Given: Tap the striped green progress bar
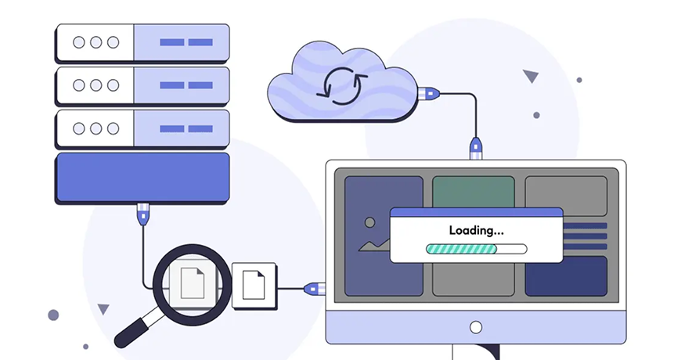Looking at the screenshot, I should [x=461, y=249].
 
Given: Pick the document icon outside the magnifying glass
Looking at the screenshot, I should [x=254, y=283].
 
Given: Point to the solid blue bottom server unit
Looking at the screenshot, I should [x=142, y=178].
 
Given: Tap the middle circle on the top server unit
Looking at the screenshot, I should [x=96, y=42].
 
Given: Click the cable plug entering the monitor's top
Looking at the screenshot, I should [x=474, y=148].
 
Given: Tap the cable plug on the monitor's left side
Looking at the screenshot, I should [x=314, y=288].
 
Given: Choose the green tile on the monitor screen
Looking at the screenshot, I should [x=473, y=192].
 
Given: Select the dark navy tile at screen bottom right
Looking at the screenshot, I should [x=565, y=276].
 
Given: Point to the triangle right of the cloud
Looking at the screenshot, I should [x=531, y=76].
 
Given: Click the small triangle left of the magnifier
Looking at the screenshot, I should [x=103, y=309].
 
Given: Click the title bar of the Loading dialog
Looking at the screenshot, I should [x=475, y=212].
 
